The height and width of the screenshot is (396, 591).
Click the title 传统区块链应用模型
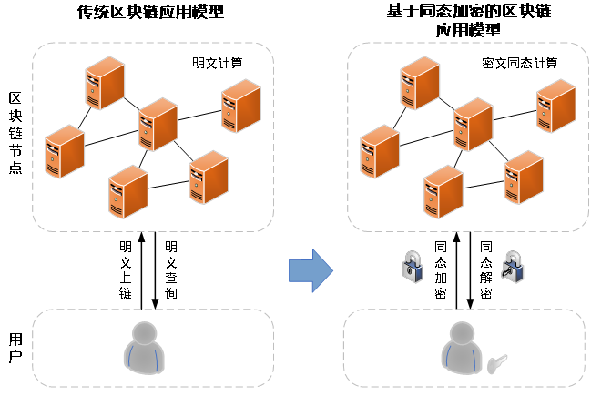coord(150,12)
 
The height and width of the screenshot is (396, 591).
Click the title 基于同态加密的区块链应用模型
coord(468,20)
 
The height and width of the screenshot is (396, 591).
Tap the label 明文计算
coord(218,63)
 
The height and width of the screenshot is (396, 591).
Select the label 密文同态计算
coord(520,63)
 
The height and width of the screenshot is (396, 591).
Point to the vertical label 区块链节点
coord(15,133)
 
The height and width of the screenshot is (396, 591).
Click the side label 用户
coord(15,348)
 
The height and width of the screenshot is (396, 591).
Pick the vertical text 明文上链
coord(126,269)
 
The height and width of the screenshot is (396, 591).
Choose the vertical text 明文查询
coord(171,269)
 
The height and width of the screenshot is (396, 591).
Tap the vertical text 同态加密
coord(441,269)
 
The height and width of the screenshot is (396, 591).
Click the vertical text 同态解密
coord(486,269)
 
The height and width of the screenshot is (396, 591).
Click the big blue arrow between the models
coord(311,270)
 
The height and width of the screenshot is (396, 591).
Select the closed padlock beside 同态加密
coord(413,267)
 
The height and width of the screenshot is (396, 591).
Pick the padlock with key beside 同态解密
coord(512,267)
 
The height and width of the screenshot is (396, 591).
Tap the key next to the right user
coord(497,363)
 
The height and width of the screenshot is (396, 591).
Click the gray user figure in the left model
coord(144,348)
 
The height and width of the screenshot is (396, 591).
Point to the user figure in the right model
coord(462,348)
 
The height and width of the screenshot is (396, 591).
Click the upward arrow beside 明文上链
coord(142,270)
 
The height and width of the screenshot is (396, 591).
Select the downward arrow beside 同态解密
coord(470,270)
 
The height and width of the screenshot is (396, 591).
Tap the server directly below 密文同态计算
coord(556,106)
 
